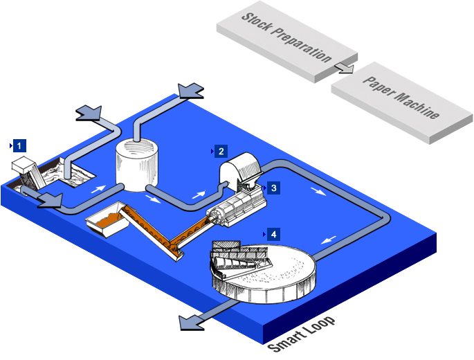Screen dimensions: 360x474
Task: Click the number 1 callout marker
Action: tap(20, 145)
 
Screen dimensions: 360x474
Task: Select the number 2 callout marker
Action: tap(221, 151)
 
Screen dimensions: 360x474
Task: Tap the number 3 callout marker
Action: tap(273, 188)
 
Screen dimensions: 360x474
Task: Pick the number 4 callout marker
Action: tap(273, 234)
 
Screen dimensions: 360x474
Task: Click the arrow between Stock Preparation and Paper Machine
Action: tap(344, 67)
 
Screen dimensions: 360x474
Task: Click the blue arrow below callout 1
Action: tap(49, 199)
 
